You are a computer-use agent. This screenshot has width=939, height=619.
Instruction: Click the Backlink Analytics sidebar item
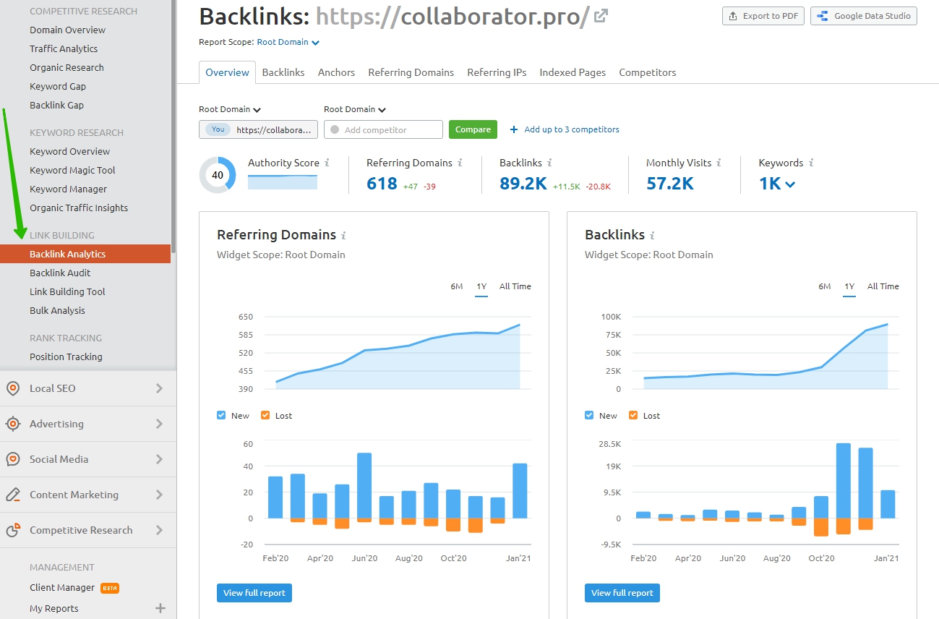[x=67, y=254]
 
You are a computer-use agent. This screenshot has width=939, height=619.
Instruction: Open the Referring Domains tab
[x=411, y=72]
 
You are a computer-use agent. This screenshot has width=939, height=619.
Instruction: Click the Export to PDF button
[x=763, y=16]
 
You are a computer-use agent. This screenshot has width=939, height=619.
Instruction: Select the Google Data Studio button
[x=864, y=16]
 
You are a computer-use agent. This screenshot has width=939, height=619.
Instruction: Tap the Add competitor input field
[x=383, y=130]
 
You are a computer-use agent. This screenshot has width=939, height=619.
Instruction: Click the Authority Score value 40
[x=218, y=175]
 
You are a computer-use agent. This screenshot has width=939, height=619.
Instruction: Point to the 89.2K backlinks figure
[x=523, y=184]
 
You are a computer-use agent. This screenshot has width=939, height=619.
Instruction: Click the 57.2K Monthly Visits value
[x=669, y=184]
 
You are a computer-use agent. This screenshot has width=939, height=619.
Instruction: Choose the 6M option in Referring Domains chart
[x=457, y=286]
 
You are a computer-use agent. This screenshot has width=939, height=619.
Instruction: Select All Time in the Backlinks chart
[x=883, y=286]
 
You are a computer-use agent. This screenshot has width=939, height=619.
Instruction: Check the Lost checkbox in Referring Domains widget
[x=265, y=415]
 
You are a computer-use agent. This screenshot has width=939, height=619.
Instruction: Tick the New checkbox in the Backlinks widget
[x=589, y=415]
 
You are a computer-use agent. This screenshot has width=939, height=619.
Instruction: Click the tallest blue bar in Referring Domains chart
[x=364, y=486]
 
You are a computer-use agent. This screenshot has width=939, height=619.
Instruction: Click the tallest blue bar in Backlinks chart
[x=843, y=481]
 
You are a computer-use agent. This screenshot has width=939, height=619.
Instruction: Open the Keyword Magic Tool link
[x=72, y=170]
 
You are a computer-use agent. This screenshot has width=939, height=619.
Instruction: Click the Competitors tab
[x=647, y=72]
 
